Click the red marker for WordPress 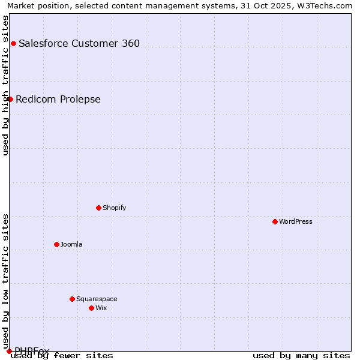click(275, 221)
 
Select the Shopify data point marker click(98, 208)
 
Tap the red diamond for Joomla click(56, 244)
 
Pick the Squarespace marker click(72, 299)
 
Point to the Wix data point click(91, 308)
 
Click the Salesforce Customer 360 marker click(13, 43)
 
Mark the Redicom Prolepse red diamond click(10, 99)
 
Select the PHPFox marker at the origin click(9, 351)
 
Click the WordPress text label click(296, 221)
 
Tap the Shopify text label click(114, 208)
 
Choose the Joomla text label click(71, 244)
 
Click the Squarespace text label click(97, 299)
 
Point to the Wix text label click(101, 308)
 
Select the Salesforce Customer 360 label click(79, 43)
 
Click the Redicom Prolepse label click(58, 99)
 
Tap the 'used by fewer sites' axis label click(62, 356)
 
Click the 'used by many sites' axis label click(301, 356)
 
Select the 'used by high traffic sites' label click(5, 85)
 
